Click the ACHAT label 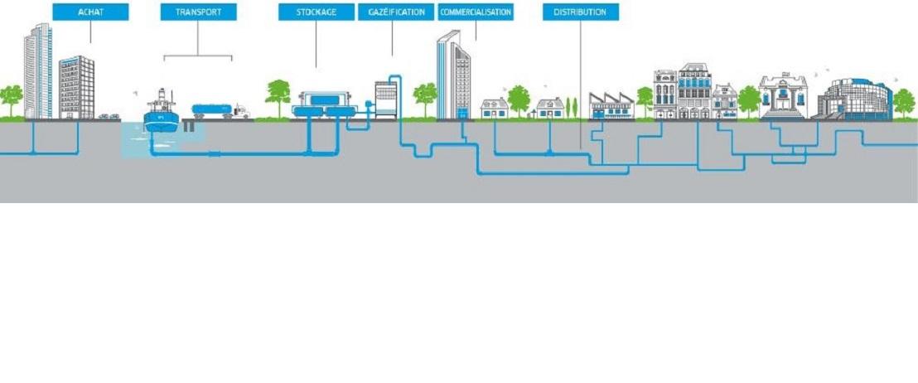tap(90, 12)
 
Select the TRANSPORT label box tap(198, 12)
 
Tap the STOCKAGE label tap(316, 12)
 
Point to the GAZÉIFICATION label tap(396, 12)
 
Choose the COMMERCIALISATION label tap(476, 12)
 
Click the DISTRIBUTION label tap(580, 12)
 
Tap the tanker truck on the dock tap(220, 110)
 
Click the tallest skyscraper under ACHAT tap(38, 70)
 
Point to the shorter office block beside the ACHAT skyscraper tap(76, 87)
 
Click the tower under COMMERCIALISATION tap(453, 76)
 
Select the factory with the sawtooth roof tap(611, 106)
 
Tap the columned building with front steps tap(783, 97)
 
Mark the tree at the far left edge tap(11, 98)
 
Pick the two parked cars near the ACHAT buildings tap(109, 116)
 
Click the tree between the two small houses tap(519, 99)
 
